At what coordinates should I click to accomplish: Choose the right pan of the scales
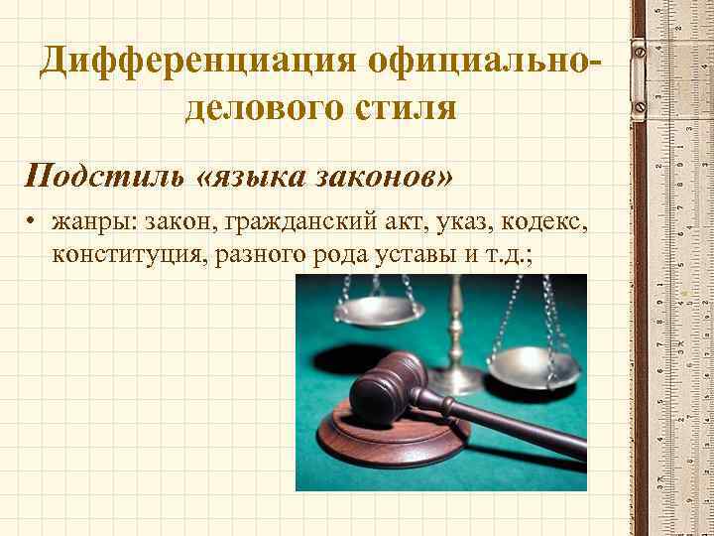point(535,366)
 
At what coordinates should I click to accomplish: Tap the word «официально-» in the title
point(482,64)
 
